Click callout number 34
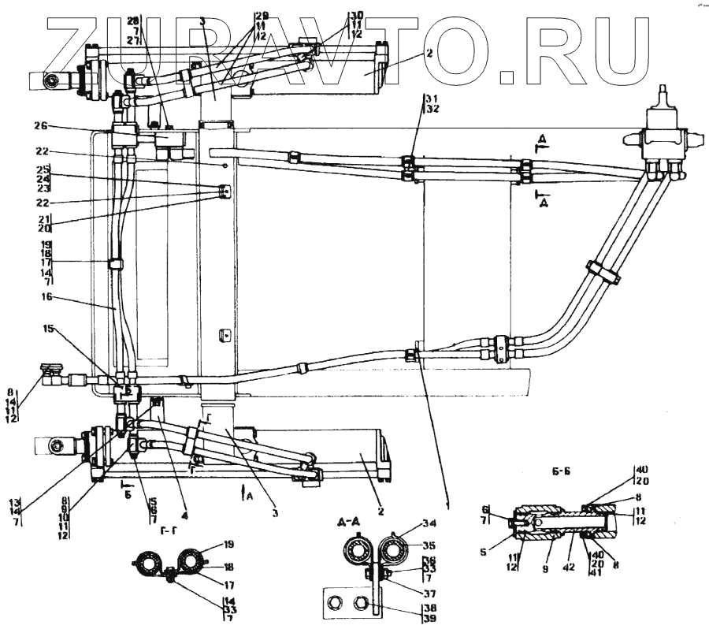click(x=429, y=522)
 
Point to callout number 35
click(x=429, y=544)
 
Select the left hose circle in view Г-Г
click(x=148, y=563)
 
